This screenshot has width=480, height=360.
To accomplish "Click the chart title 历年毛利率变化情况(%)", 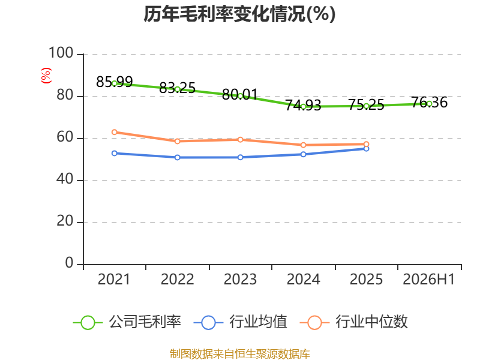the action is tap(239, 14).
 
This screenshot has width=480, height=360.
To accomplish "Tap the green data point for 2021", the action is tap(115, 83).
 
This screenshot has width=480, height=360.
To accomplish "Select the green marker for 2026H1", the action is tap(429, 103).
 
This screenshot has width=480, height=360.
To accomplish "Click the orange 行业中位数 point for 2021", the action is tap(115, 132).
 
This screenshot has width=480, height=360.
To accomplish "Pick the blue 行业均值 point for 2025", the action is tap(366, 148).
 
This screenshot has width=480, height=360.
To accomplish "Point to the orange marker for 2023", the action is tap(241, 140).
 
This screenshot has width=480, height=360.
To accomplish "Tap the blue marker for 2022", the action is tap(177, 157).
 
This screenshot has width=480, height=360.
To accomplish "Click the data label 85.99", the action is tap(115, 82).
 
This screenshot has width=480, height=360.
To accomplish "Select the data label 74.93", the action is tap(303, 105).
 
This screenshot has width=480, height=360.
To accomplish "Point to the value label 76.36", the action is tap(429, 102).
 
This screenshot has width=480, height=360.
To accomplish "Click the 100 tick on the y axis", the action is tap(61, 53).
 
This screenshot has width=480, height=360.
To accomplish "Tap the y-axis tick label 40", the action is tap(65, 179).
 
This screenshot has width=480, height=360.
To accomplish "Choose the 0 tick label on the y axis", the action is tap(69, 263).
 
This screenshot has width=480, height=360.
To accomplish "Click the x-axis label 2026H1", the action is tap(429, 280).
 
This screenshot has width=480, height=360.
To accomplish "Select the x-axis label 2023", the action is tap(241, 280).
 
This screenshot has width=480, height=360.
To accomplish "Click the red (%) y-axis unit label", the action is tap(46, 76).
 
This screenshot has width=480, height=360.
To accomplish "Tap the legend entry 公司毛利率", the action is tap(127, 322).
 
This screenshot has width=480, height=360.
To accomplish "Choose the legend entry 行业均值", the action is tap(241, 322).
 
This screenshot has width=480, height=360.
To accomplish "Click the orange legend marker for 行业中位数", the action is tap(314, 323).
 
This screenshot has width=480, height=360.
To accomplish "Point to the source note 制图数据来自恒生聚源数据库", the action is tap(239, 354).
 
